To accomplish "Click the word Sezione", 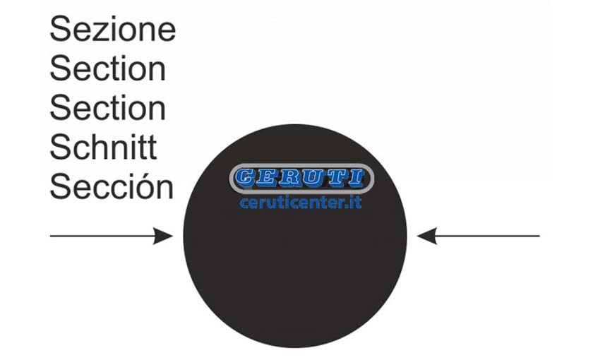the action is point(113,29).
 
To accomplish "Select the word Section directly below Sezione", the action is point(108,68).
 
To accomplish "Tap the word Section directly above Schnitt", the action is point(108,108).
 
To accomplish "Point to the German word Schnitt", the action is point(103,147).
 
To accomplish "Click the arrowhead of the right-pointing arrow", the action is point(163,236).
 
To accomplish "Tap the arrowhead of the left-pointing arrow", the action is point(427,236).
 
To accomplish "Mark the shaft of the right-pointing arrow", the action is point(102,236).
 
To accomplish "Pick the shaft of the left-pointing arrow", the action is point(488,236).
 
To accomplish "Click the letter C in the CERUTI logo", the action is point(245,177).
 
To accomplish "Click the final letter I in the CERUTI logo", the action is point(356,177).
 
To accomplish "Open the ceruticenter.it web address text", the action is point(301,203).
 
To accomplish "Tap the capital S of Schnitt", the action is point(60,147).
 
